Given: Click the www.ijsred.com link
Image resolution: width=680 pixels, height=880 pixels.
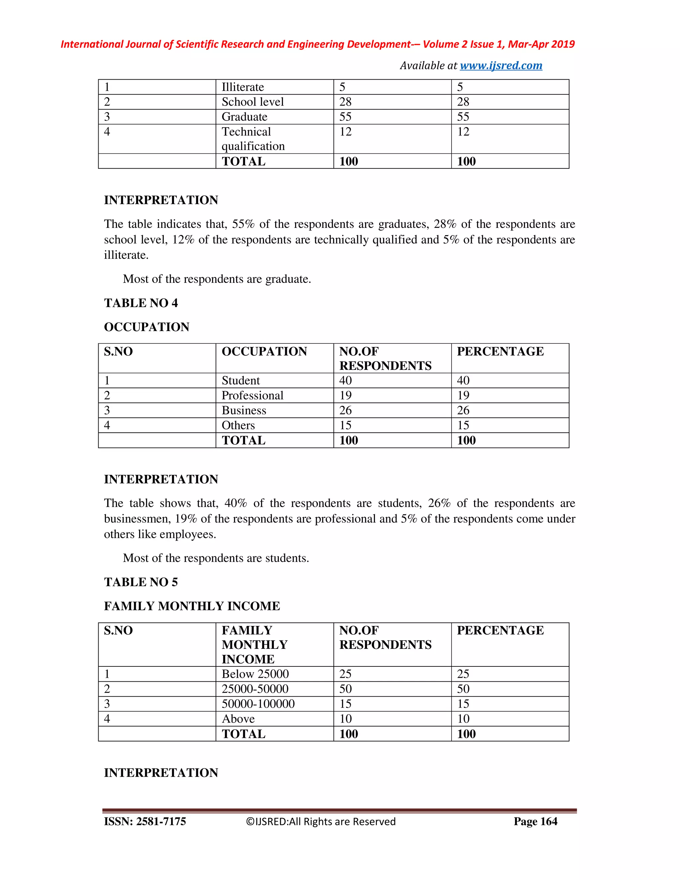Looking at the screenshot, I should (501, 65).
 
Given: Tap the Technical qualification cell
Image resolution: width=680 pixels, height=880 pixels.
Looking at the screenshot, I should (253, 138).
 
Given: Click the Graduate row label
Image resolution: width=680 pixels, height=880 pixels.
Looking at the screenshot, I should (244, 117).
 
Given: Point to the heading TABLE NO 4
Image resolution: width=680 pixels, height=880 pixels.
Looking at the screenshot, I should (140, 303).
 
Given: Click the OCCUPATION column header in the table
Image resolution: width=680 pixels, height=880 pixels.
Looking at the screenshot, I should (264, 351).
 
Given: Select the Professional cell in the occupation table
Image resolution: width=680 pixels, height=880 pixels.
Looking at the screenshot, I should (252, 395).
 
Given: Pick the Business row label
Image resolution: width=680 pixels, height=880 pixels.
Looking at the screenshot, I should (244, 410).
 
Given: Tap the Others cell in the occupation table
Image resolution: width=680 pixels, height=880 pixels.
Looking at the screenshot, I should (238, 425).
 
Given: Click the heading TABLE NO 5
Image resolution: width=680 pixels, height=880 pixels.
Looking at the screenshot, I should (140, 582).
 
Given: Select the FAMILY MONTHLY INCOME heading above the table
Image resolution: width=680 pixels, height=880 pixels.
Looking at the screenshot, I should (192, 606).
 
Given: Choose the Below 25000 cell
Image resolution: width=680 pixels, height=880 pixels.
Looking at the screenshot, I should (255, 674).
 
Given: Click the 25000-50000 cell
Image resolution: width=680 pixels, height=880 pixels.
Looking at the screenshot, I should (255, 689).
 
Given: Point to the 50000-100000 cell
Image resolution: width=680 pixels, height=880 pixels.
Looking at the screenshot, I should (258, 704).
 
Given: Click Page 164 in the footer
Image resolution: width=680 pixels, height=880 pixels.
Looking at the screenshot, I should (535, 821).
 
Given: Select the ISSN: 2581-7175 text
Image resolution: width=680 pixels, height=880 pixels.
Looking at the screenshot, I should (145, 821).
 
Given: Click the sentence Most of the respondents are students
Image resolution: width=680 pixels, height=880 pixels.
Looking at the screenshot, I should (215, 558).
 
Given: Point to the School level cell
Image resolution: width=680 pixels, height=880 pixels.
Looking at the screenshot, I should (252, 102).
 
